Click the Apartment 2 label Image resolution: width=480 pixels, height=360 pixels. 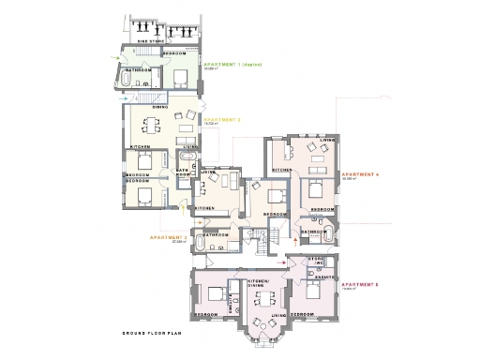point(222,120)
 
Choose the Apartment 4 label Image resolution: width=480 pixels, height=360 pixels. point(360,174)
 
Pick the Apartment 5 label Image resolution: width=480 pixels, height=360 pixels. point(360,284)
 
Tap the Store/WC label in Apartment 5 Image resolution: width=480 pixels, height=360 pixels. point(317,262)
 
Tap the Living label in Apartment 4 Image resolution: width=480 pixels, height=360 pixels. point(325,140)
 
